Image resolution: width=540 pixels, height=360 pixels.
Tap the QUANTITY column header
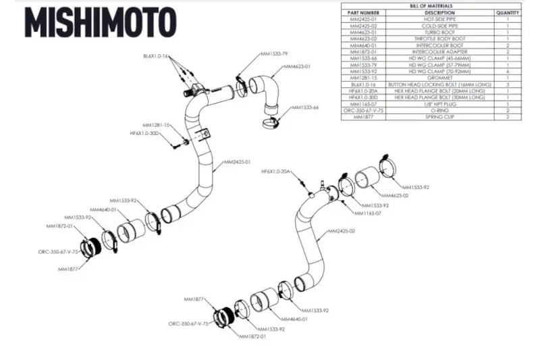(507, 13)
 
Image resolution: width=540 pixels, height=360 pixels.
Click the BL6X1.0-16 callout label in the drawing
(155, 56)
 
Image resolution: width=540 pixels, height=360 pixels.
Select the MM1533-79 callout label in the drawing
(256, 53)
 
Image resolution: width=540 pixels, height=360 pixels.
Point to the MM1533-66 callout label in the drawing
(305, 107)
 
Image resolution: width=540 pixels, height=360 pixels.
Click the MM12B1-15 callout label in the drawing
(156, 125)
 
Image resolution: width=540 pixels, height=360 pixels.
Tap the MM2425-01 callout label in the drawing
(238, 162)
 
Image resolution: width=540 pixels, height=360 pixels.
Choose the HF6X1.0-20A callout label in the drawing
(275, 172)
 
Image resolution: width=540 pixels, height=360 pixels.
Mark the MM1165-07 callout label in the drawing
(369, 213)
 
